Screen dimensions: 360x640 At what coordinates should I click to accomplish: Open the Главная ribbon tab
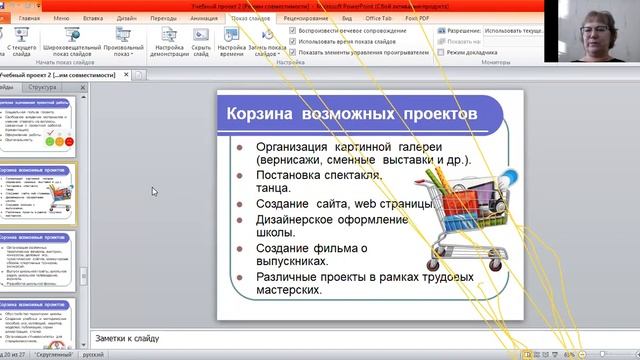(30, 19)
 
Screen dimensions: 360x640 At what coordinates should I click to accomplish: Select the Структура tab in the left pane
(43, 88)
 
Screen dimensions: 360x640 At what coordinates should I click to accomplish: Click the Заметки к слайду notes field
(300, 337)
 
